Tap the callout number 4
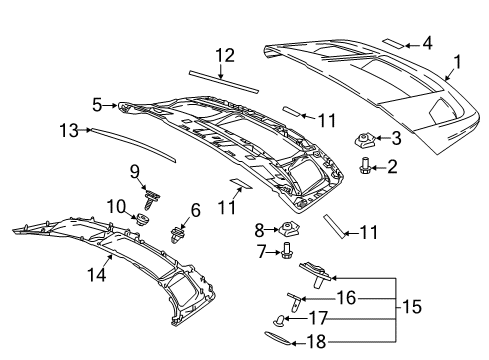tap(427, 43)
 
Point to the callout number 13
tap(67, 129)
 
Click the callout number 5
tap(98, 103)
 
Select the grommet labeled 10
tap(145, 219)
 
